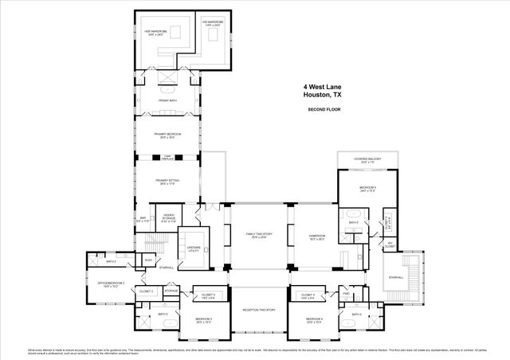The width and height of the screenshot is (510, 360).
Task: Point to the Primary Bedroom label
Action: pos(168,135)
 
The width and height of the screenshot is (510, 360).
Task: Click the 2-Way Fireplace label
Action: pos(168,157)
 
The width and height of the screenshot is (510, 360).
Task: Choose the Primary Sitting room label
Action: pos(167,182)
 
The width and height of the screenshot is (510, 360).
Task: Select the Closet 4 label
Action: pos(308,296)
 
